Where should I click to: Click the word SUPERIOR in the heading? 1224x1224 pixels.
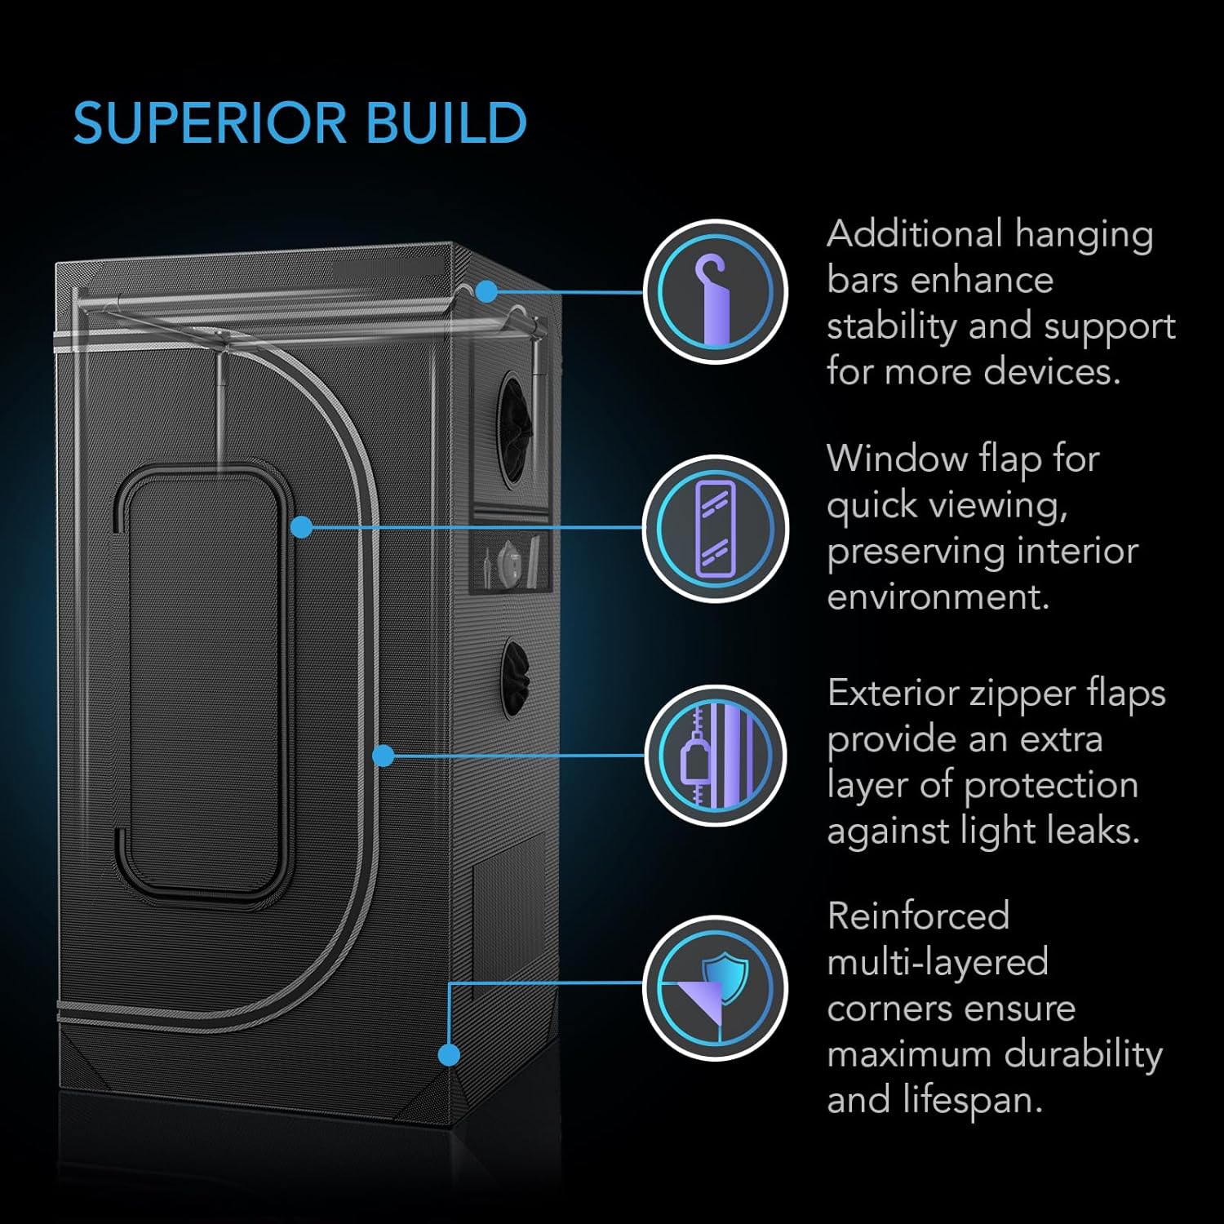coord(209,124)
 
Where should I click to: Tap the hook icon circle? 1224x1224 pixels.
coord(715,291)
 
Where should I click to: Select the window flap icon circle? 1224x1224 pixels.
coord(715,528)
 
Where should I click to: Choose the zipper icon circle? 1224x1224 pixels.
coord(715,756)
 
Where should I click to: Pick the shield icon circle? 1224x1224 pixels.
coord(715,988)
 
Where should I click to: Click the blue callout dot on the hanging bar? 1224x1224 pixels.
coord(486,291)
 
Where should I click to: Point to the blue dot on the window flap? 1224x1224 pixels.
coord(302,527)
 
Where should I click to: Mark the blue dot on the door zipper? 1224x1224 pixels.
coord(384,756)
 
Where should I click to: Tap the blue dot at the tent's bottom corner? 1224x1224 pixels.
coord(448,1055)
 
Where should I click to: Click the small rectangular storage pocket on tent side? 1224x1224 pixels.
coord(512,561)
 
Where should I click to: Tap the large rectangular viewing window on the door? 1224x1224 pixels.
coord(204,681)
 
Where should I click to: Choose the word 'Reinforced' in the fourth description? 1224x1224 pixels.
coord(918,916)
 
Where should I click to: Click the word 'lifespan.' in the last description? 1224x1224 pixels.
coord(973,1100)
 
